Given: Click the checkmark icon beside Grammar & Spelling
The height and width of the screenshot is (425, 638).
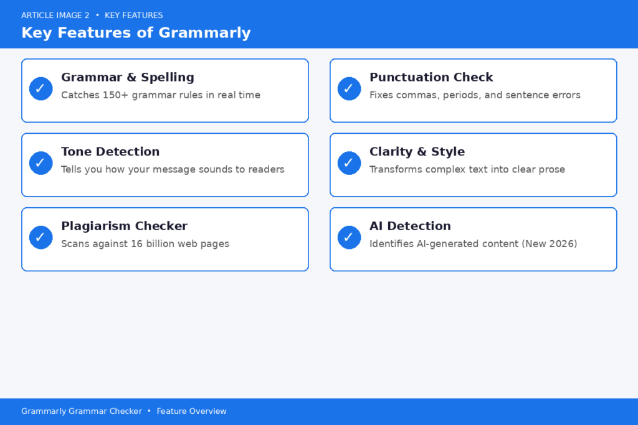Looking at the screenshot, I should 40,89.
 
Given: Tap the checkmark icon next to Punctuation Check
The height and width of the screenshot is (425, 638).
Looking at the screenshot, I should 349,89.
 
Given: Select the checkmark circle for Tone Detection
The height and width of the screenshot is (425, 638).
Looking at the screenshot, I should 40,163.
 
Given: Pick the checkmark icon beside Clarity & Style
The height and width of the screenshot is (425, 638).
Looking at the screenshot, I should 349,163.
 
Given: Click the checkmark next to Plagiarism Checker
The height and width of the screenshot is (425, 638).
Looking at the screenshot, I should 40,237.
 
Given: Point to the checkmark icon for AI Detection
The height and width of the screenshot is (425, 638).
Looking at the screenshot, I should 349,237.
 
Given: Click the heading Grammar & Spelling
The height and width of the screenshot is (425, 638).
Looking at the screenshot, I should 127,77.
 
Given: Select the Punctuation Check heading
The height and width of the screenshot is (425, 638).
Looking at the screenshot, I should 431,77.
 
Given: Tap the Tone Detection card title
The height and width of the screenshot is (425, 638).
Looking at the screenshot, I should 110,151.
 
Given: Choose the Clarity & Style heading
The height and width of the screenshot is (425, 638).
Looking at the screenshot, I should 417,151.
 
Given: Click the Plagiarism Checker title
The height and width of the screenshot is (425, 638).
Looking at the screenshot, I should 124,226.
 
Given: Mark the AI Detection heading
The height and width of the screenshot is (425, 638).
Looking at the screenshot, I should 410,226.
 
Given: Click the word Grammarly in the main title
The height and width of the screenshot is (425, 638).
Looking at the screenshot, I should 204,32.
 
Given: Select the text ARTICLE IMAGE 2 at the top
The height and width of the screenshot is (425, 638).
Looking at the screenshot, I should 55,15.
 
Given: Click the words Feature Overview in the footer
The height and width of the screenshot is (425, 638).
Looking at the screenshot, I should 191,411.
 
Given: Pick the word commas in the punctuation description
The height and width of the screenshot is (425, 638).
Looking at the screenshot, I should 416,95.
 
